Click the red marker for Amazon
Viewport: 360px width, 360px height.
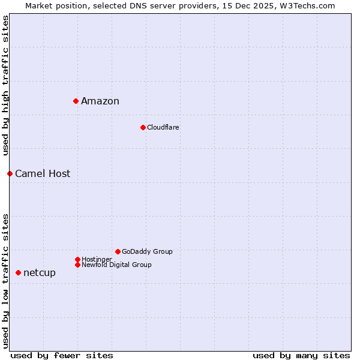click(76, 101)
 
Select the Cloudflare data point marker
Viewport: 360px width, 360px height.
click(143, 127)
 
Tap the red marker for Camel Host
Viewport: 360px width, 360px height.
click(10, 173)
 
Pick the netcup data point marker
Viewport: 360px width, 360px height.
click(18, 272)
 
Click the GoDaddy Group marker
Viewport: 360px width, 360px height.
click(118, 251)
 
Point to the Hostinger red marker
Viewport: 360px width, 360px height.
click(77, 259)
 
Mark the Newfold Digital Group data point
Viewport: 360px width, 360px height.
click(77, 265)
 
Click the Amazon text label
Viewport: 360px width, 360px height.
click(100, 101)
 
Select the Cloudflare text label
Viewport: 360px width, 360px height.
click(163, 127)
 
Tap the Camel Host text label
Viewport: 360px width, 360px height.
click(43, 173)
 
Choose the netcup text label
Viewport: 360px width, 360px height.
click(40, 272)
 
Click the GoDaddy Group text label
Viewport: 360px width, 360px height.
click(147, 251)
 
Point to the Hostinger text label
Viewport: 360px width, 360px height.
click(97, 259)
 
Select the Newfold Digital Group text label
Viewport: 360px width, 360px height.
click(116, 265)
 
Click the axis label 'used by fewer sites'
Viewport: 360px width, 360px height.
click(62, 355)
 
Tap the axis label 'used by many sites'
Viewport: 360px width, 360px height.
click(301, 355)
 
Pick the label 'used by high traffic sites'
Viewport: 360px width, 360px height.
click(5, 86)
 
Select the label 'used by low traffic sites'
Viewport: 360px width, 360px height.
click(5, 280)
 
